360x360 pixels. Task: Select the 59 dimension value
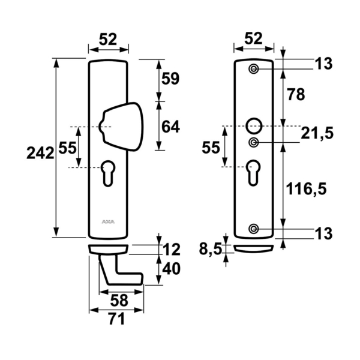(171, 79)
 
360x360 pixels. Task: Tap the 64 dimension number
(171, 127)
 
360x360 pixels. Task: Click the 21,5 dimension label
(317, 133)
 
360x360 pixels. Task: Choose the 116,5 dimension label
(307, 190)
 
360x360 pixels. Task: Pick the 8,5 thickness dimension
(209, 248)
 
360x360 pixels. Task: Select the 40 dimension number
(172, 269)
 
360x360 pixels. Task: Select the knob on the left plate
(123, 124)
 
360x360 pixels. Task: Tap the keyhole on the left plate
(109, 171)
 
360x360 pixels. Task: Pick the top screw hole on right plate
(254, 69)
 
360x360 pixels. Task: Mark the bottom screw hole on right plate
(254, 229)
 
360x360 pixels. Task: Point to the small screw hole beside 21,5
(254, 142)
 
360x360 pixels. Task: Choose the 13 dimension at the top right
(323, 64)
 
